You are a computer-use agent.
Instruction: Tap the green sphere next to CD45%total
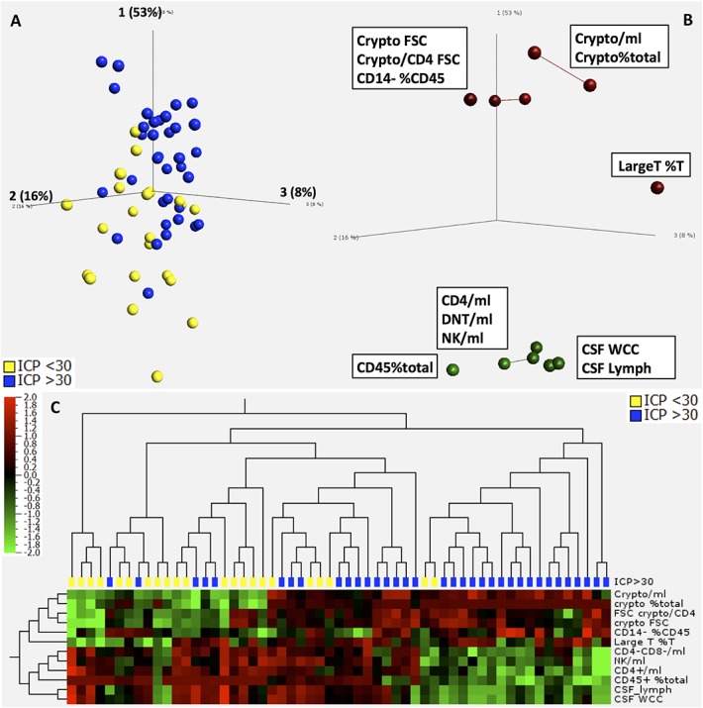[453, 369]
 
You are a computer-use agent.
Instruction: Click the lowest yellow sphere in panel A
[156, 375]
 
